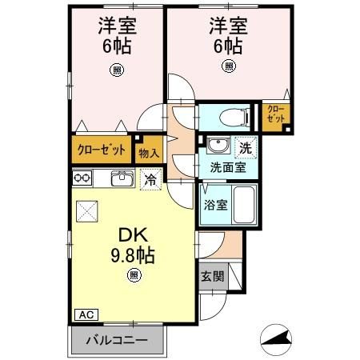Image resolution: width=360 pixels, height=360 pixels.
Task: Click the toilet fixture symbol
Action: pyautogui.click(x=226, y=116)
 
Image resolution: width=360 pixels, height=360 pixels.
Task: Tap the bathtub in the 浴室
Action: pyautogui.click(x=244, y=204)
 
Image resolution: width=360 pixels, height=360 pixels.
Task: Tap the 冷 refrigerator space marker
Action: pyautogui.click(x=149, y=179)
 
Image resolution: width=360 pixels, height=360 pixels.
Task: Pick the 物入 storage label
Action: pyautogui.click(x=149, y=151)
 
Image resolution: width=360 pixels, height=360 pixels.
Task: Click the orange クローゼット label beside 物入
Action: pyautogui.click(x=102, y=150)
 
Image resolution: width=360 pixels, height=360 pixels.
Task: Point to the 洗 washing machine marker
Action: pyautogui.click(x=246, y=148)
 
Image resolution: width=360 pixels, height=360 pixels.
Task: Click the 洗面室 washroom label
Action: pyautogui.click(x=227, y=168)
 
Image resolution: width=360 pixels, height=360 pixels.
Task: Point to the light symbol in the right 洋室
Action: pyautogui.click(x=229, y=66)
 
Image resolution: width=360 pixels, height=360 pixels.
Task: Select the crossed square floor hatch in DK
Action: pyautogui.click(x=86, y=212)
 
